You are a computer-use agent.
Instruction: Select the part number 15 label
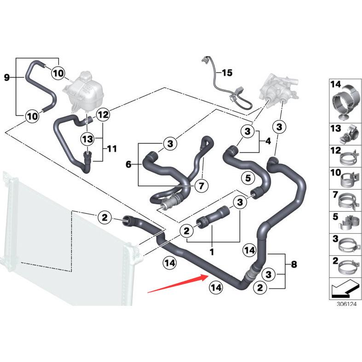(x=227, y=73)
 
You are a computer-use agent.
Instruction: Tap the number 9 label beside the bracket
(x=6, y=77)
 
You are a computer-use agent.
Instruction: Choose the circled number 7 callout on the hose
(x=201, y=186)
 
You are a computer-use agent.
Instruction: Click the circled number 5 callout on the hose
(x=247, y=177)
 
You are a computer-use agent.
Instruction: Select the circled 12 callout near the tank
(x=103, y=114)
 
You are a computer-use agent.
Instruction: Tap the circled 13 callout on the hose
(x=87, y=138)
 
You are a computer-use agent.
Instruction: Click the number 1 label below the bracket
(x=212, y=252)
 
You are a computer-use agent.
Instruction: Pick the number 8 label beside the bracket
(x=294, y=264)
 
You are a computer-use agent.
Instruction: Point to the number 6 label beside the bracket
(x=128, y=164)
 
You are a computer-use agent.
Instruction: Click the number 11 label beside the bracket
(x=112, y=149)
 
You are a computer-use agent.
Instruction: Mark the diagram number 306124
(x=346, y=304)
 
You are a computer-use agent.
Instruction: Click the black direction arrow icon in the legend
(x=343, y=289)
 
